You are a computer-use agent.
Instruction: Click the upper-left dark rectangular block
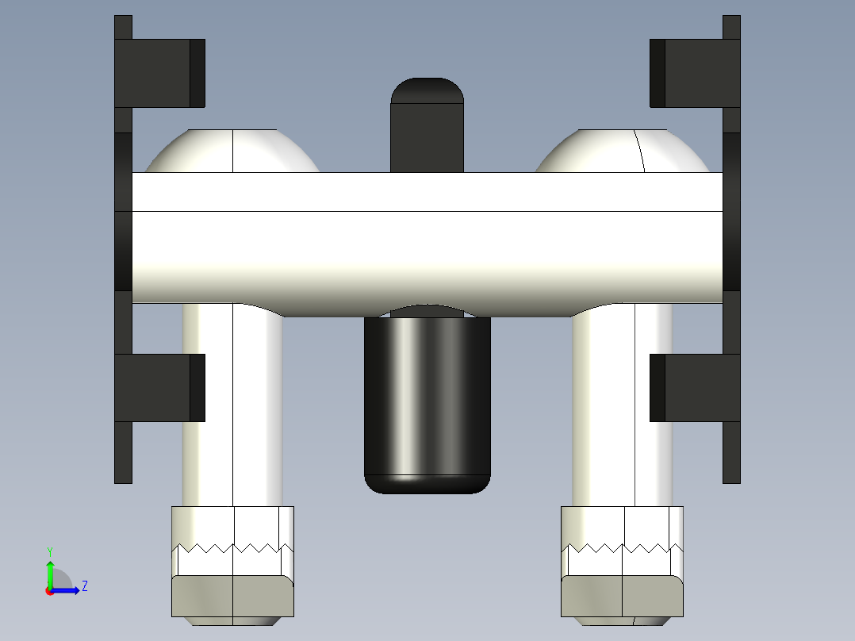pyautogui.click(x=159, y=73)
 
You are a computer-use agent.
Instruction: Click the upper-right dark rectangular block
pyautogui.click(x=695, y=73)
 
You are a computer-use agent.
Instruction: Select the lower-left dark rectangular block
pyautogui.click(x=159, y=387)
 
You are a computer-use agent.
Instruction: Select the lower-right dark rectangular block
pyautogui.click(x=695, y=387)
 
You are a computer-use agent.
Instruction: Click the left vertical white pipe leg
pyautogui.click(x=232, y=405)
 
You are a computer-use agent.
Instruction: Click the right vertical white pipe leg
pyautogui.click(x=623, y=405)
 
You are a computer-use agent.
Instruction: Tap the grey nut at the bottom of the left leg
pyautogui.click(x=232, y=597)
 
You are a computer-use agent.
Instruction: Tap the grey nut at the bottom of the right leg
pyautogui.click(x=623, y=597)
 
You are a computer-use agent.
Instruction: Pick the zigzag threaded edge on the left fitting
pyautogui.click(x=232, y=547)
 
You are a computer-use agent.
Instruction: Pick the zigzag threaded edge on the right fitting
pyautogui.click(x=623, y=547)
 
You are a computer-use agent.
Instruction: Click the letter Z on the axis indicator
pyautogui.click(x=84, y=586)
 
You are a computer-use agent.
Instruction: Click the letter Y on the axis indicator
pyautogui.click(x=49, y=551)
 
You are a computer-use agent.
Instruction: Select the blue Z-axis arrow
pyautogui.click(x=67, y=590)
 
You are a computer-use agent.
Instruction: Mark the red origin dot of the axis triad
pyautogui.click(x=49, y=591)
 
